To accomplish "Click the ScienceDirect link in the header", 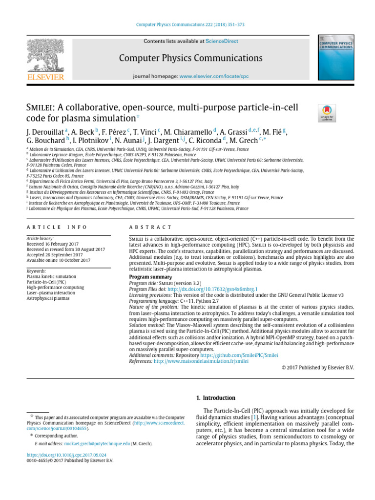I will point(222,42).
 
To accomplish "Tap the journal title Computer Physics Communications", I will point(190,58).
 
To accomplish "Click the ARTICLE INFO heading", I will point(56,228).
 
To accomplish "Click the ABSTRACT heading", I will point(150,228).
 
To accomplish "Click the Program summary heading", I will point(150,277).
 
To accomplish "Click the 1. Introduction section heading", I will point(215,398).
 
